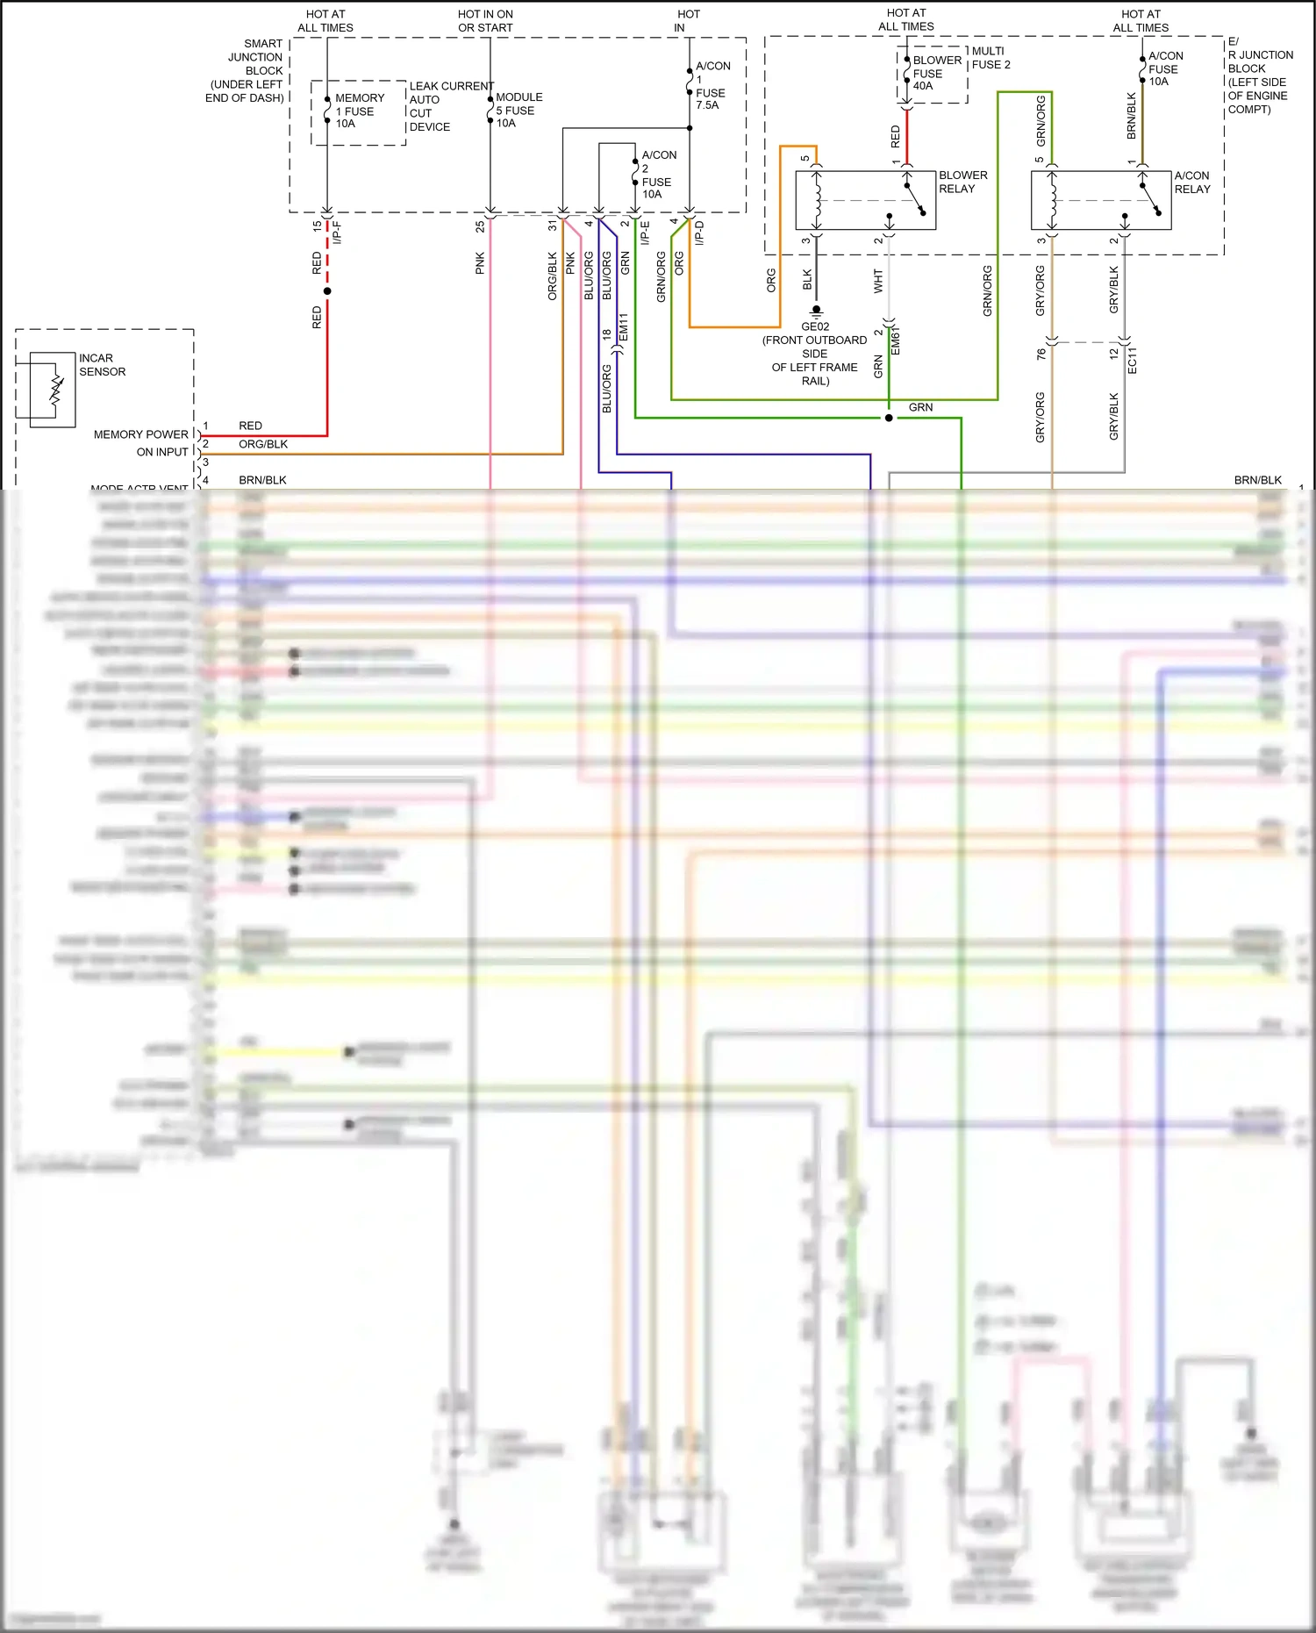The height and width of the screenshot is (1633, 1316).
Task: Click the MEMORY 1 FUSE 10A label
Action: (x=359, y=111)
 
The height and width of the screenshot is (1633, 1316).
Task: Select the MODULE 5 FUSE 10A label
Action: (x=519, y=110)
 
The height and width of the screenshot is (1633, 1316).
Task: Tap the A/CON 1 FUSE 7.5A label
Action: (x=712, y=85)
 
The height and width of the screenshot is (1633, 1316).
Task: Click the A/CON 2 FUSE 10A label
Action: (x=657, y=174)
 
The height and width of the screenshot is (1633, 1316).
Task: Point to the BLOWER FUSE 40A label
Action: (x=936, y=73)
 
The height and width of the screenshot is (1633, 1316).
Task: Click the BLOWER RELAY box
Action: (x=865, y=200)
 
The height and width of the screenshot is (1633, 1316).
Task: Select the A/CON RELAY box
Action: (x=1100, y=200)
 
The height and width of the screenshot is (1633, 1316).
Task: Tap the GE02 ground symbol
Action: (x=816, y=311)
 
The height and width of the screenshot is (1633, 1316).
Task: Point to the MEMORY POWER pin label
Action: (x=140, y=434)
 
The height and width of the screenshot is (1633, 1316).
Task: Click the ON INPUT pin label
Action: (x=162, y=452)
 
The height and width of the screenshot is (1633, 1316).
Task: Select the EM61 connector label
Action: (x=896, y=340)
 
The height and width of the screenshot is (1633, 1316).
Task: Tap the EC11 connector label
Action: (x=1132, y=360)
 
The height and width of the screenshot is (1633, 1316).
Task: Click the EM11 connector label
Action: (x=624, y=326)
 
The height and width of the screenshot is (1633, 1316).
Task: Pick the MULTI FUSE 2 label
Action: (x=991, y=58)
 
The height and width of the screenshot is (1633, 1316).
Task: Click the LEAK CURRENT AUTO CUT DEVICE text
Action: (x=449, y=106)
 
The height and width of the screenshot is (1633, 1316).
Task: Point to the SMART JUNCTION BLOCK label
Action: (x=246, y=70)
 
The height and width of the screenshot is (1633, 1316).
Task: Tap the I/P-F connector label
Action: (x=338, y=232)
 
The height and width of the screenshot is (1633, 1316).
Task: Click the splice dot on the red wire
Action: (x=327, y=290)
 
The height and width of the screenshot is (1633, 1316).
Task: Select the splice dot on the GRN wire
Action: (x=889, y=418)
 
